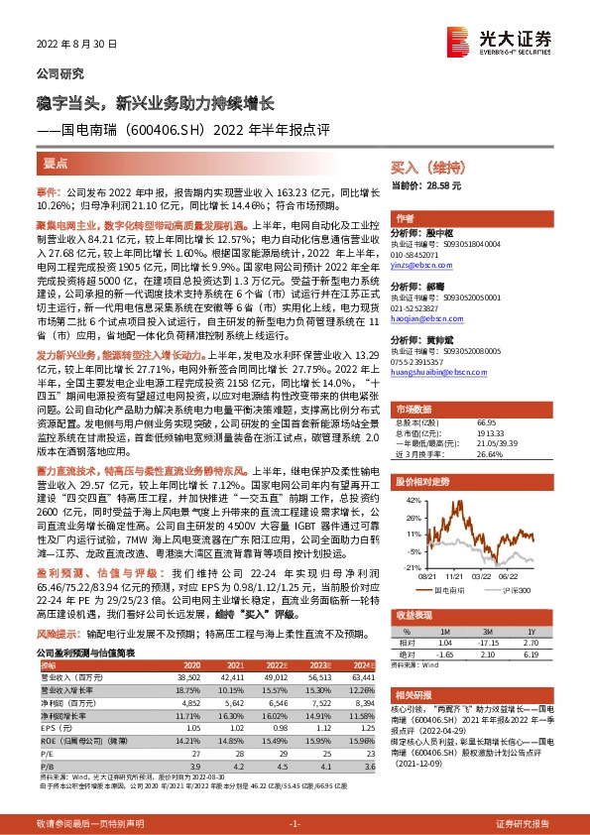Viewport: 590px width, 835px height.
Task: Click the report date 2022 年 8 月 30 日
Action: point(77,45)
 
